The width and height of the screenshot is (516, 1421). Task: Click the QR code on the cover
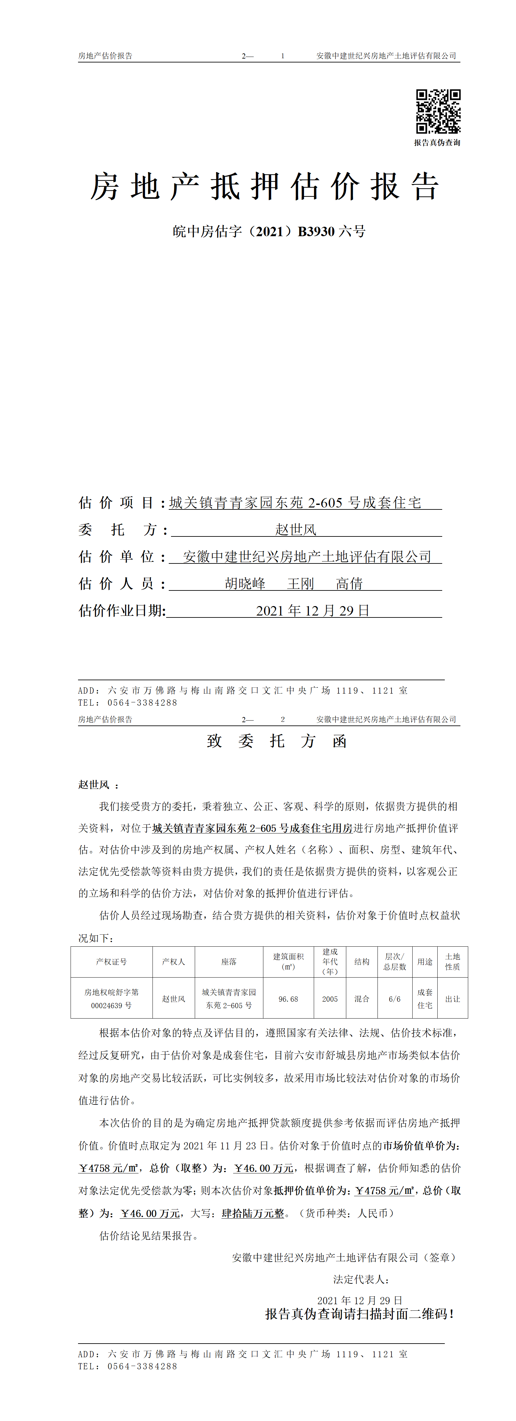(438, 112)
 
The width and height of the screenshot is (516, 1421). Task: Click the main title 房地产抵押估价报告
(265, 186)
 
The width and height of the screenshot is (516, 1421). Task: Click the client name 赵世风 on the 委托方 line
(296, 530)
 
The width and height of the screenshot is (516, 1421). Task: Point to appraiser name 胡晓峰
(245, 584)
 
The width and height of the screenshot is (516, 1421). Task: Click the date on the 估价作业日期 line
(312, 611)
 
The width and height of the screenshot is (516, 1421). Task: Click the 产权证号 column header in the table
(111, 962)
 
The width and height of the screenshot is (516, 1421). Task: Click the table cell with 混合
(362, 999)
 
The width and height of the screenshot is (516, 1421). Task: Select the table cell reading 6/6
(395, 999)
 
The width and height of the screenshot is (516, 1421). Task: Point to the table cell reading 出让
(453, 999)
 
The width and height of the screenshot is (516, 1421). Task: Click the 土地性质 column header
(453, 962)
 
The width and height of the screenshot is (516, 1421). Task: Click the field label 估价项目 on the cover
(116, 503)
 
